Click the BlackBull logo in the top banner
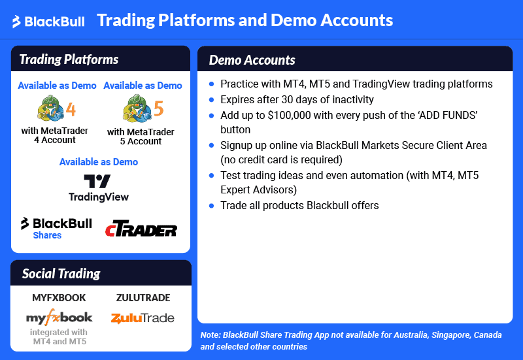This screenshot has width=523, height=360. point(48,22)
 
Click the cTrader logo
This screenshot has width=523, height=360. point(141,229)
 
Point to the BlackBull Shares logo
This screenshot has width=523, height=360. point(56,227)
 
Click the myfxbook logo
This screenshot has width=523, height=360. point(59,318)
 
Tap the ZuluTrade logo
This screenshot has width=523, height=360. point(143,318)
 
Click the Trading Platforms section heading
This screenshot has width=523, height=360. point(69,59)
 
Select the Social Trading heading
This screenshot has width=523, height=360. point(61,273)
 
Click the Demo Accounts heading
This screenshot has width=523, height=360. point(252,60)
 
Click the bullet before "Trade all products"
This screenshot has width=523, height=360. point(211,206)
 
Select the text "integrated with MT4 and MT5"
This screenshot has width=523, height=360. point(59,336)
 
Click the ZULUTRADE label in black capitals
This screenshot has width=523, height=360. point(143,298)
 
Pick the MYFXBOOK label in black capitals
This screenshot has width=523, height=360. point(59,298)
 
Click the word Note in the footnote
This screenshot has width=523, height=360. point(210,335)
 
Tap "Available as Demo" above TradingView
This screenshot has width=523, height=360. point(99,161)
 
